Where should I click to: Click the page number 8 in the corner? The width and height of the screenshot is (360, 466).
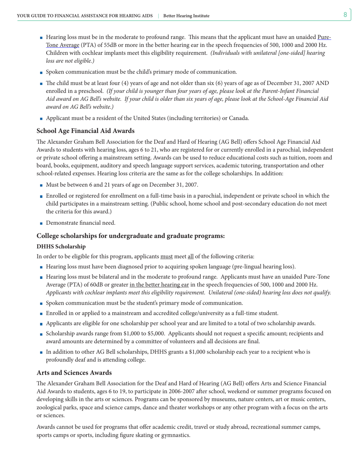point(345,15)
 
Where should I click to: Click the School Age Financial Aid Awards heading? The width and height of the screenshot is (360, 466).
point(85,131)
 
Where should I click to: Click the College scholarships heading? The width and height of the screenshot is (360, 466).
point(131,236)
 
